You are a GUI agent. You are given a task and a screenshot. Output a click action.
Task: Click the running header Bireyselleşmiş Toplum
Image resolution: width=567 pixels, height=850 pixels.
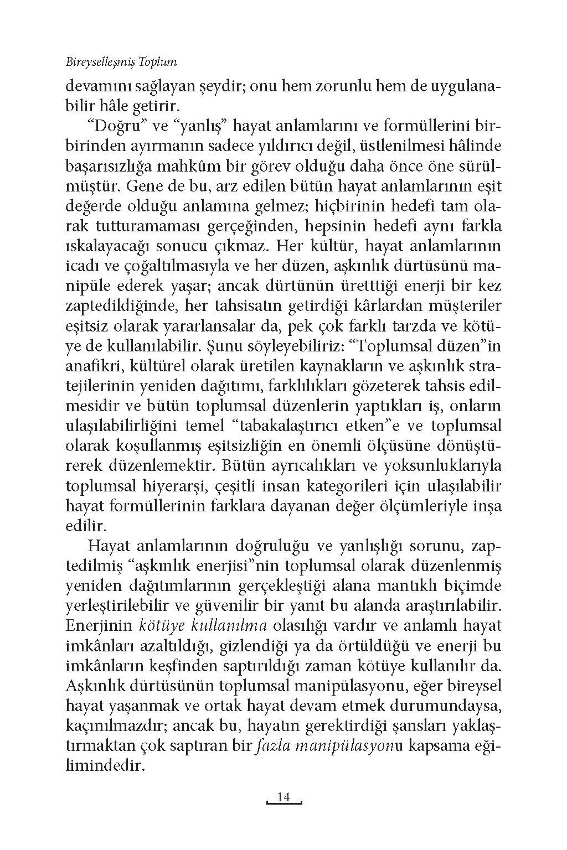(121, 62)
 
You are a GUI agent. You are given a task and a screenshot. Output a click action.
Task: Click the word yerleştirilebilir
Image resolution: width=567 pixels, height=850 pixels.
(122, 605)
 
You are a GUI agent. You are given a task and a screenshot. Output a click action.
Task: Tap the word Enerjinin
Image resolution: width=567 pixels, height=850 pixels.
(99, 625)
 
